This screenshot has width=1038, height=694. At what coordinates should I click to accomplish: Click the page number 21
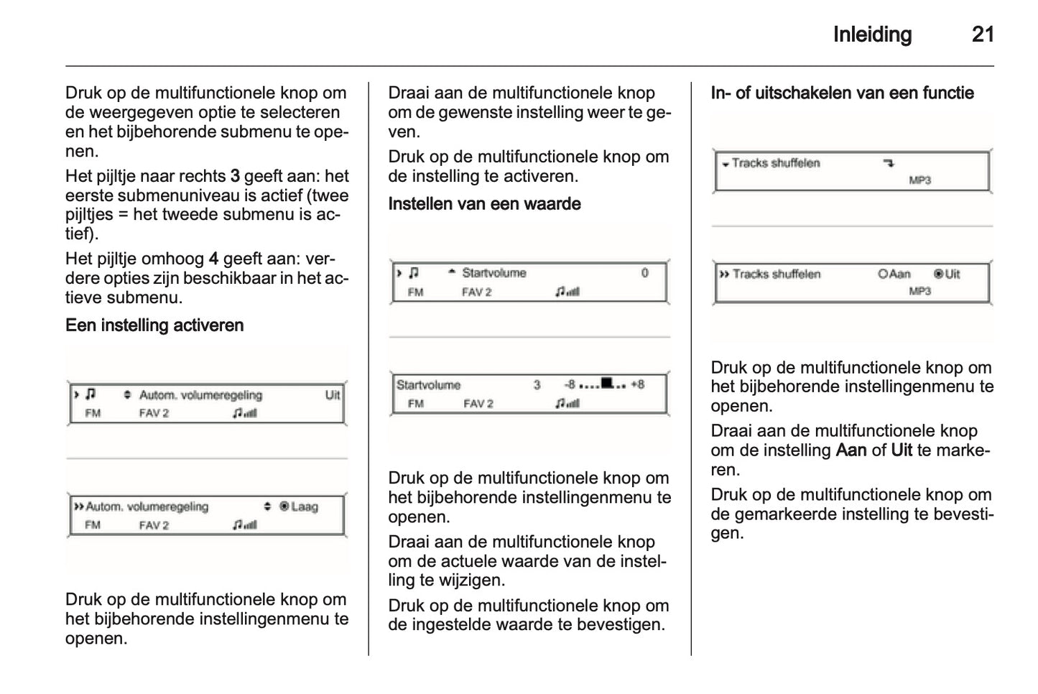tap(982, 34)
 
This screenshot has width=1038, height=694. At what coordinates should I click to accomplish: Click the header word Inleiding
tap(872, 34)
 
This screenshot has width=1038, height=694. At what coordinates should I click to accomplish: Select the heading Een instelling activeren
tap(154, 325)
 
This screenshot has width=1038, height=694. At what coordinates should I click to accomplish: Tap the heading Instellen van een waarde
tap(484, 204)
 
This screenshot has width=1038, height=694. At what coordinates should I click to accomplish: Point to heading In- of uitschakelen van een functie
tap(842, 93)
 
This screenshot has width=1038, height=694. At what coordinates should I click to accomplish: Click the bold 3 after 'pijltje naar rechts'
tap(235, 176)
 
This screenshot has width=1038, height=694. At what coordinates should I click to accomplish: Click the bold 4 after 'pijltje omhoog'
tap(213, 259)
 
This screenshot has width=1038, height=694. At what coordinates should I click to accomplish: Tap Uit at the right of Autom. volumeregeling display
tap(333, 395)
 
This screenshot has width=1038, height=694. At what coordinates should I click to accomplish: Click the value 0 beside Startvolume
tap(644, 273)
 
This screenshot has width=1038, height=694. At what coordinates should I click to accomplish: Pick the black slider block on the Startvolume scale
tap(607, 383)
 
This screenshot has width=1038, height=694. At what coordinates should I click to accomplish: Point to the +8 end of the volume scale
tap(637, 384)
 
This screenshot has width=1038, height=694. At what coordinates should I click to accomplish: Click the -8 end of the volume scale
tap(570, 384)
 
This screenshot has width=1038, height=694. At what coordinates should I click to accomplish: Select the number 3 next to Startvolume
tap(537, 385)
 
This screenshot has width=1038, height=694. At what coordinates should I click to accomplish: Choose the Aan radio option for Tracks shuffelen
tap(894, 274)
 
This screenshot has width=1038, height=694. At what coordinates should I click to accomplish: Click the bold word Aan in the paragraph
tap(851, 450)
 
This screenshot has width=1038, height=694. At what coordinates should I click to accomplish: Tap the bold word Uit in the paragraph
tap(902, 450)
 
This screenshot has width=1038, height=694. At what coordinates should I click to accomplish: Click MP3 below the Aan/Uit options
tap(919, 291)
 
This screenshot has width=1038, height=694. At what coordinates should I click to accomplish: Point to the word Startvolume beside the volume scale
tap(428, 385)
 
